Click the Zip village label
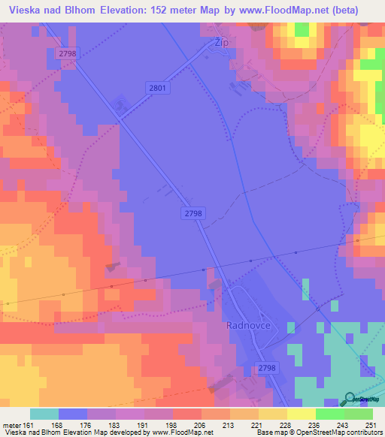[x=221, y=44]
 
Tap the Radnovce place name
[x=248, y=326]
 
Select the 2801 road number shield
[x=157, y=89]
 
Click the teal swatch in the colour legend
[x=44, y=414]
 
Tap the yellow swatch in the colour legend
[x=301, y=414]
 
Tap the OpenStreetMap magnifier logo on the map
[x=350, y=398]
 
